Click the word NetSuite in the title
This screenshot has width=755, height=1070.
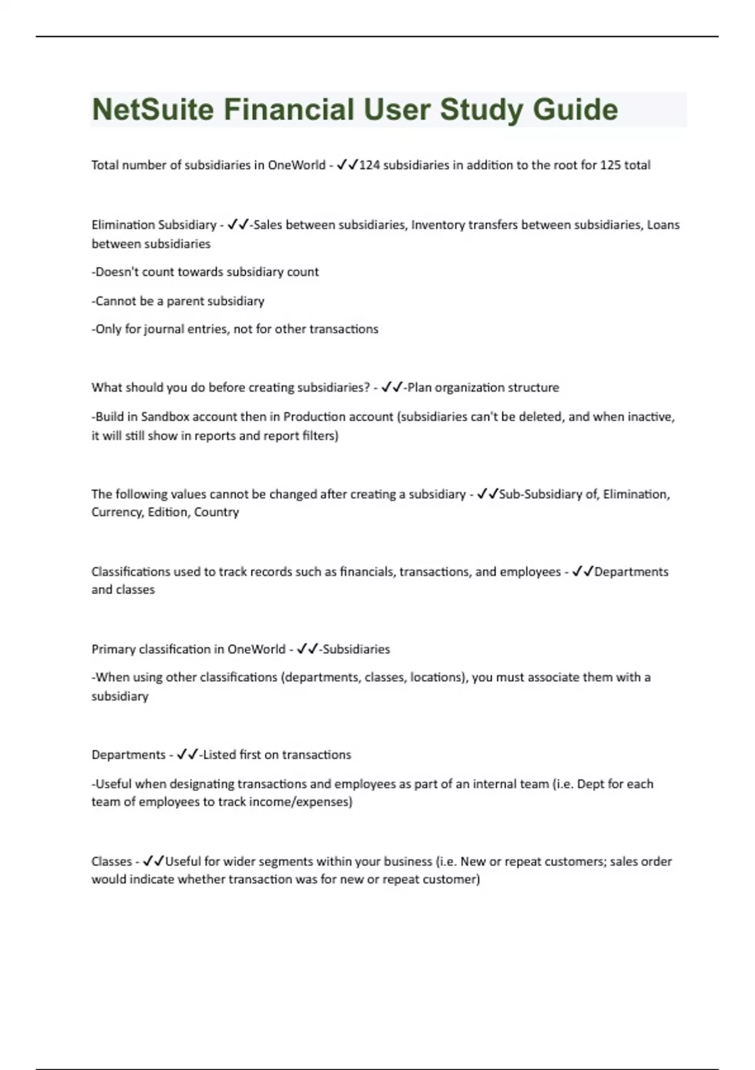click(153, 110)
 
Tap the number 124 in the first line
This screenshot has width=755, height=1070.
click(369, 165)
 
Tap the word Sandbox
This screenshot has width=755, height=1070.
click(164, 417)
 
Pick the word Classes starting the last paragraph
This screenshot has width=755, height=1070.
click(111, 861)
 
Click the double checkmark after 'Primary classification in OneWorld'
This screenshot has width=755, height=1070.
click(307, 649)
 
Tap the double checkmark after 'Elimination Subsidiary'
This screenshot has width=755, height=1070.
click(238, 225)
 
